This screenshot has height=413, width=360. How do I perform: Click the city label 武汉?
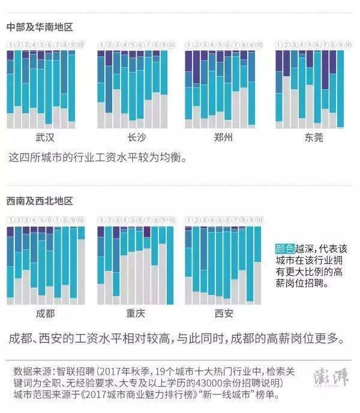point(45,137)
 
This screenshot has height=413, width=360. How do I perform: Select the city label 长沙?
point(136,137)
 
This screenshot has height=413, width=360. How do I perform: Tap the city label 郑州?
point(224,137)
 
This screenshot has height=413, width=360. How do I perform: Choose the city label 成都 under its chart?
point(45,313)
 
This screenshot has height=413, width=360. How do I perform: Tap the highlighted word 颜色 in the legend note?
point(284,249)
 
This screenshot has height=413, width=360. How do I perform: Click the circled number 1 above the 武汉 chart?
point(10,45)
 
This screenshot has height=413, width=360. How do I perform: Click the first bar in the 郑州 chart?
point(188,90)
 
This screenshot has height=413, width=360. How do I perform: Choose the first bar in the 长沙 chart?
point(101,90)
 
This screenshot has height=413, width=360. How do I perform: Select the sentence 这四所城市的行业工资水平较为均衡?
point(98,158)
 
